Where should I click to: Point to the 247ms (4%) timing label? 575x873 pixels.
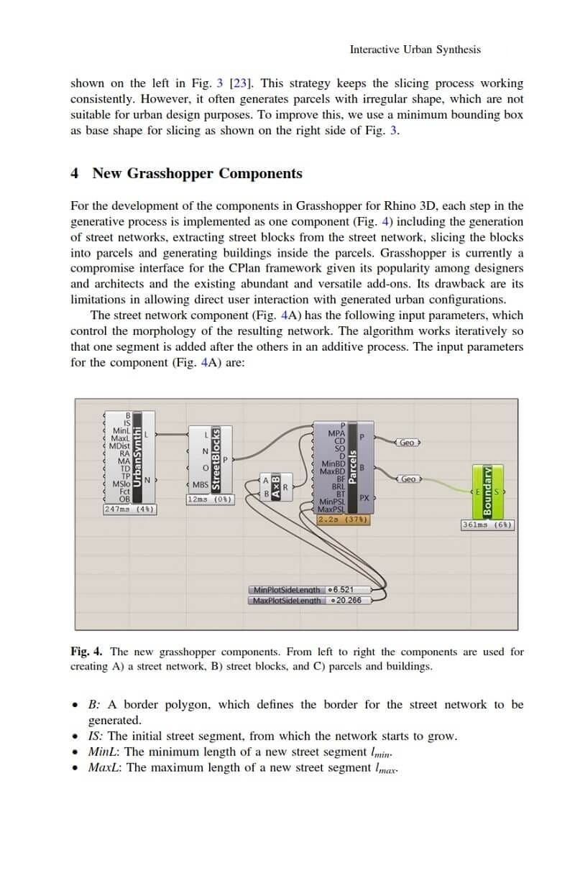tap(130, 509)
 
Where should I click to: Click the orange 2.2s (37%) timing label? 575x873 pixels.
tap(343, 519)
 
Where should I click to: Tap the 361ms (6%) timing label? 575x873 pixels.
tap(487, 525)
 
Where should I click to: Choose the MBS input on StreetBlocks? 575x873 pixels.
tap(200, 485)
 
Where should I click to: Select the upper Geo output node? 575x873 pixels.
tap(408, 443)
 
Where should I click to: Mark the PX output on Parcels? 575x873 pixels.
tap(364, 497)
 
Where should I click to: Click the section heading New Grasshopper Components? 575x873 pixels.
tap(197, 173)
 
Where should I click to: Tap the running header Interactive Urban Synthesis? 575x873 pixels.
tap(415, 50)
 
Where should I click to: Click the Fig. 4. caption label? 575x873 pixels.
tap(86, 652)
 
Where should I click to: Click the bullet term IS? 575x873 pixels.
tap(96, 736)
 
